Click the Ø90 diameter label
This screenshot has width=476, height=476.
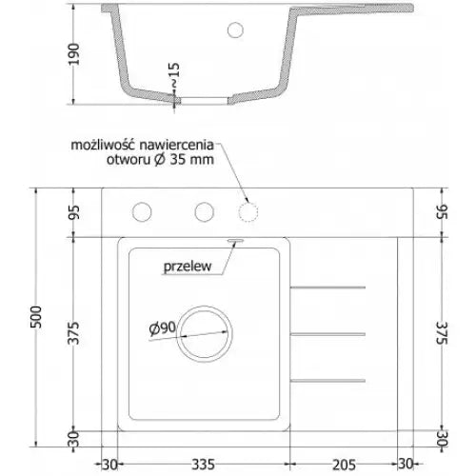tap(162, 328)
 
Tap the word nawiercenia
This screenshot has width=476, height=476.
tap(177, 145)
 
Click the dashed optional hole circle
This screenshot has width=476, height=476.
tap(248, 211)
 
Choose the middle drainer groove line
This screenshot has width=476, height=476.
tap(327, 333)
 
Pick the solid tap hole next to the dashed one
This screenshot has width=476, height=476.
tap(202, 211)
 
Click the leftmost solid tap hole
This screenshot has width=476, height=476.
tap(143, 211)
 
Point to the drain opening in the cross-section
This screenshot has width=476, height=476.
tap(203, 97)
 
